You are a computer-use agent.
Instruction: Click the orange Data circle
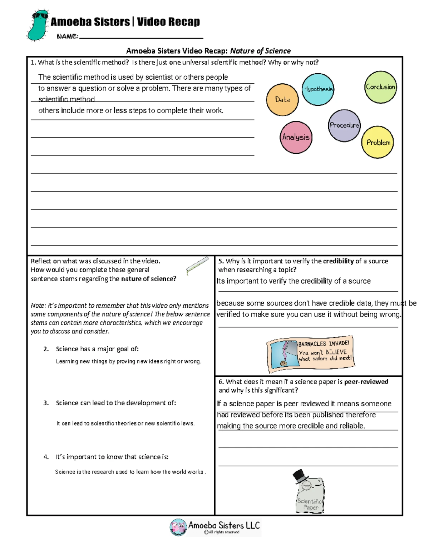[x=282, y=100]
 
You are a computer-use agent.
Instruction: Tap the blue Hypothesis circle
[x=318, y=89]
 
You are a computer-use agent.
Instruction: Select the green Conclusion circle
[x=380, y=87]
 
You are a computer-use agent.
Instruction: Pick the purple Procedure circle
[x=344, y=125]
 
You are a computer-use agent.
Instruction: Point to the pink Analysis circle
[x=296, y=137]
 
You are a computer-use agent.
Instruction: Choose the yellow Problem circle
[x=378, y=142]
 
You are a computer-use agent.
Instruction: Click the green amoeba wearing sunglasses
[x=38, y=25]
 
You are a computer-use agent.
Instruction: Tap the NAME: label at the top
[x=67, y=36]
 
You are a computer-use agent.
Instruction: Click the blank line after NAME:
[x=141, y=37]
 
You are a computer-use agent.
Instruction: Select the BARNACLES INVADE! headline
[x=323, y=344]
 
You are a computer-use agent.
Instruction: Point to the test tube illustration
[x=197, y=266]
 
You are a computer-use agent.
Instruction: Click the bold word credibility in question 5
[x=338, y=261]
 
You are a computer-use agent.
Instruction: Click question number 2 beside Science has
[x=46, y=349]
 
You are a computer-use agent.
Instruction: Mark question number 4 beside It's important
[x=46, y=457]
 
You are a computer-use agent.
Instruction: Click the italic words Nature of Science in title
[x=260, y=51]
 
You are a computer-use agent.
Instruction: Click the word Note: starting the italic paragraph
[x=38, y=306]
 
